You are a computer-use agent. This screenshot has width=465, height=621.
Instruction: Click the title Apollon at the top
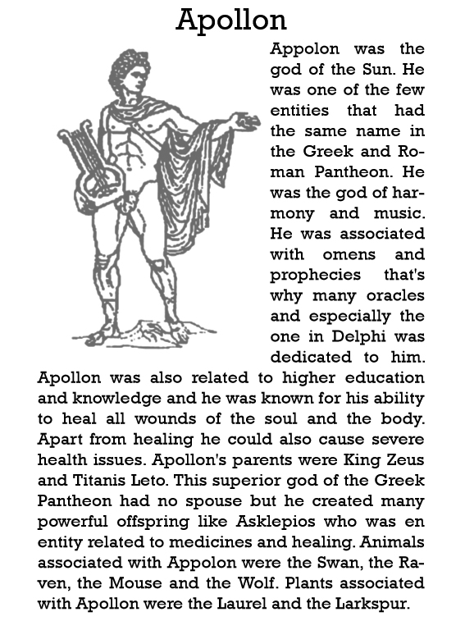[x=232, y=19]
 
